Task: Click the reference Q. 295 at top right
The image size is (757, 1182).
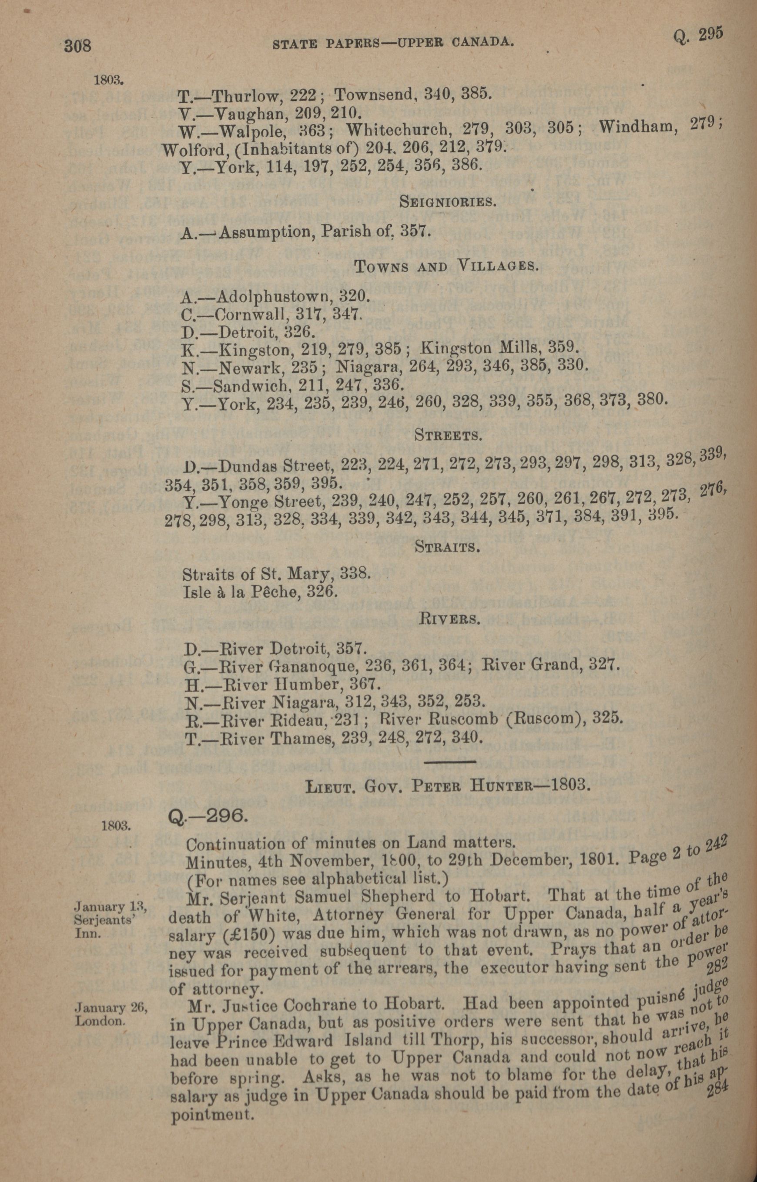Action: click(x=698, y=36)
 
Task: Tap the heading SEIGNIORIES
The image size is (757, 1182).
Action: click(x=446, y=201)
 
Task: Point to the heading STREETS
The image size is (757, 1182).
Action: click(x=447, y=435)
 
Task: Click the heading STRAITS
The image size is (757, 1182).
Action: click(x=447, y=546)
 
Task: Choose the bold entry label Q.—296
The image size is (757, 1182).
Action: click(x=207, y=817)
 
